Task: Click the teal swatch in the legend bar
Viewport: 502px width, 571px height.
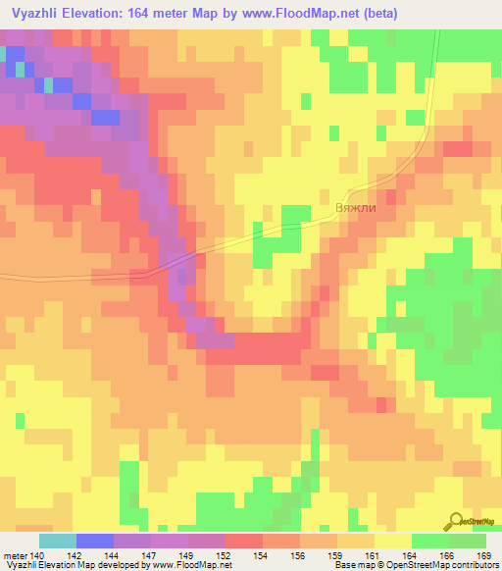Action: click(57, 541)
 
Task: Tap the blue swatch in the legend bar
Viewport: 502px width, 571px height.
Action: click(94, 541)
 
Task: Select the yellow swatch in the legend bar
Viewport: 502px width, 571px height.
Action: click(392, 541)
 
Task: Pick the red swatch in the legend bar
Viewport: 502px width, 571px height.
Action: click(243, 541)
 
